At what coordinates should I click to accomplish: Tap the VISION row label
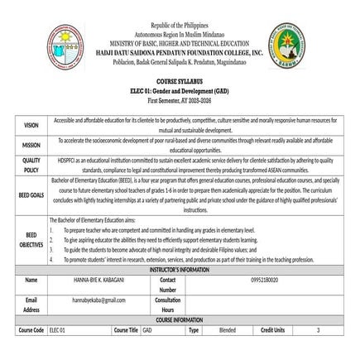coord(31,125)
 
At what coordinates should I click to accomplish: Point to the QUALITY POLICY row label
coord(31,165)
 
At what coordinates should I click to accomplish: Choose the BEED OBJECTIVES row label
coord(31,239)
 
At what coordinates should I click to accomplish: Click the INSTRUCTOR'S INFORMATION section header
coord(180,270)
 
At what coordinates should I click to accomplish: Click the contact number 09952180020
coord(265,280)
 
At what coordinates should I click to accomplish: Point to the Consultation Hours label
coord(168,304)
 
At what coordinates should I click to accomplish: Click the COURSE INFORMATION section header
coord(180,319)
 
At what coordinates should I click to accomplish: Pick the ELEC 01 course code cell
coord(57,329)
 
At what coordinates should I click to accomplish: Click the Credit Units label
coord(273,329)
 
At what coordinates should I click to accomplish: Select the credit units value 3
coord(318,329)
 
